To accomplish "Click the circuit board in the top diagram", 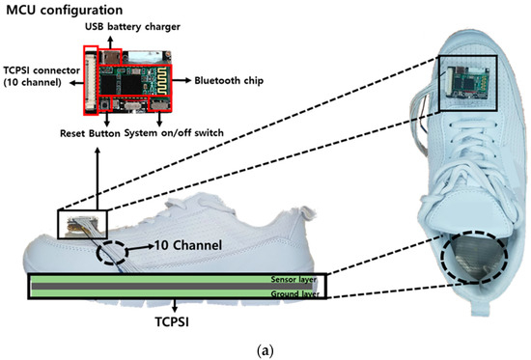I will tap(134, 79).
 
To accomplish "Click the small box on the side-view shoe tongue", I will tap(77, 224).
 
